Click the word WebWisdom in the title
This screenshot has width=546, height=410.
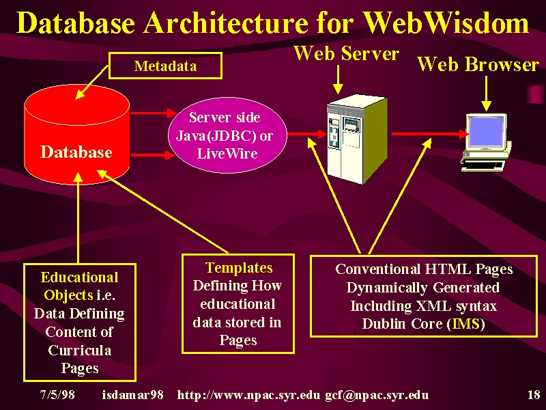point(446,23)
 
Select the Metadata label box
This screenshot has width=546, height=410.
point(165,66)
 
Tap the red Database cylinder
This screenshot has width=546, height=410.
point(77,135)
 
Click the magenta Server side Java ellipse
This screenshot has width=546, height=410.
point(228,135)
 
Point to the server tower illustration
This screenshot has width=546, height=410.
point(357,139)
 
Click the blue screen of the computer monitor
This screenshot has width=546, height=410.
point(487,132)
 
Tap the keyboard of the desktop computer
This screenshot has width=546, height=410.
point(483,165)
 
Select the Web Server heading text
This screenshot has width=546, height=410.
point(347,54)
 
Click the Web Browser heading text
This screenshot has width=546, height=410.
point(478,64)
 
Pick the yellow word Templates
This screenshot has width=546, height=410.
point(239,268)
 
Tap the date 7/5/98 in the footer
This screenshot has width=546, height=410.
point(57,395)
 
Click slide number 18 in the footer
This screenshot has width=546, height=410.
point(534,395)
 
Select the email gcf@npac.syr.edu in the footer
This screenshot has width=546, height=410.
point(377,395)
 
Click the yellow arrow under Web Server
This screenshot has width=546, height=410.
point(338,79)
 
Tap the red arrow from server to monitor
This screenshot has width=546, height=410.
point(430,134)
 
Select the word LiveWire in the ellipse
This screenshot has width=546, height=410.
point(227,153)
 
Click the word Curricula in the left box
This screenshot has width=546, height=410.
point(80,350)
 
